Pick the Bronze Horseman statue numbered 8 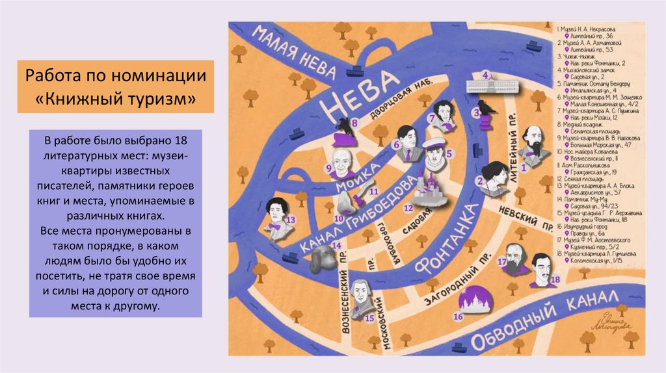tap(343, 130)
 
